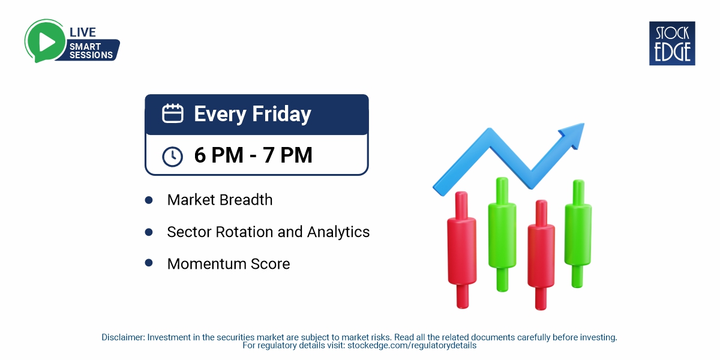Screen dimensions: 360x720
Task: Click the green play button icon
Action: (44, 40)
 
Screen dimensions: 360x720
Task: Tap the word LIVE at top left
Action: (83, 32)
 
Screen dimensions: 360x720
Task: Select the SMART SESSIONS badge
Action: (91, 50)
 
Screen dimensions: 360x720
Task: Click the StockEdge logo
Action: (672, 43)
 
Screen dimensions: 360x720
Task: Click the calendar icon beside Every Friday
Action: (173, 113)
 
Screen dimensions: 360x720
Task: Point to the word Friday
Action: (281, 114)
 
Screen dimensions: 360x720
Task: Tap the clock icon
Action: (173, 156)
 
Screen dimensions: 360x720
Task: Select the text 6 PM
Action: (215, 155)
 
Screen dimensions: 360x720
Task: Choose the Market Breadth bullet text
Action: (220, 200)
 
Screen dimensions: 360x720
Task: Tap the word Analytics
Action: (338, 232)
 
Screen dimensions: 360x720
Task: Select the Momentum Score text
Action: (229, 263)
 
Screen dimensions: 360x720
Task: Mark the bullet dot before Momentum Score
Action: (149, 263)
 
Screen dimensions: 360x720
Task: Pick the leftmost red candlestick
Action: (461, 249)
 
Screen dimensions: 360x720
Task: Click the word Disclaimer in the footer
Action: (123, 337)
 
